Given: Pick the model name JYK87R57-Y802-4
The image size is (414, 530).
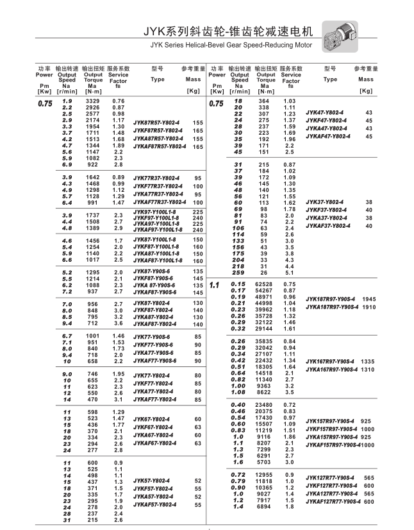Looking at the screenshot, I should point(157,122).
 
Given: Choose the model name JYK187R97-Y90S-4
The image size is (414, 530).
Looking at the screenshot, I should point(330,299).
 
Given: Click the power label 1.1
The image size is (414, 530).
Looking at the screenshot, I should point(215,284).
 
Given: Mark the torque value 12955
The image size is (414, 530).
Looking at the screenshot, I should point(264,474).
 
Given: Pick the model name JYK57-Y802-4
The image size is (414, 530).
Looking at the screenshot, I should point(152,480).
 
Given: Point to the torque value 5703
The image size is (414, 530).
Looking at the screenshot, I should point(265,462).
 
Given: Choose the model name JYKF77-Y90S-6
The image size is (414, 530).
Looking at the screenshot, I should point(154,345).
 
